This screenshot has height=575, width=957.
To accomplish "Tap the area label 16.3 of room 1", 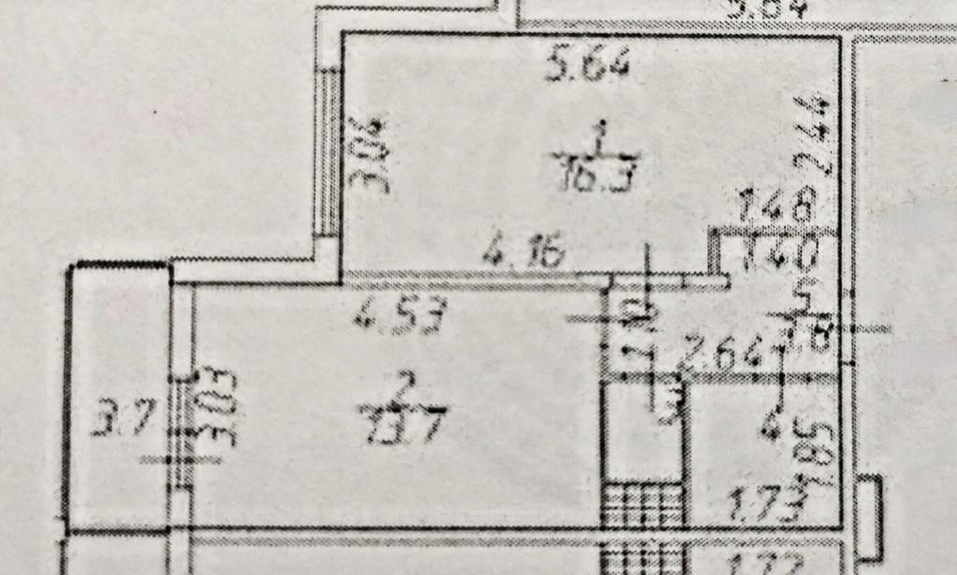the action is coord(598,173).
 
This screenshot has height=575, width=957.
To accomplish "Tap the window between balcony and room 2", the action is coord(183,411).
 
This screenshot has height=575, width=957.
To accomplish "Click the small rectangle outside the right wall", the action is coord(870,519).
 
